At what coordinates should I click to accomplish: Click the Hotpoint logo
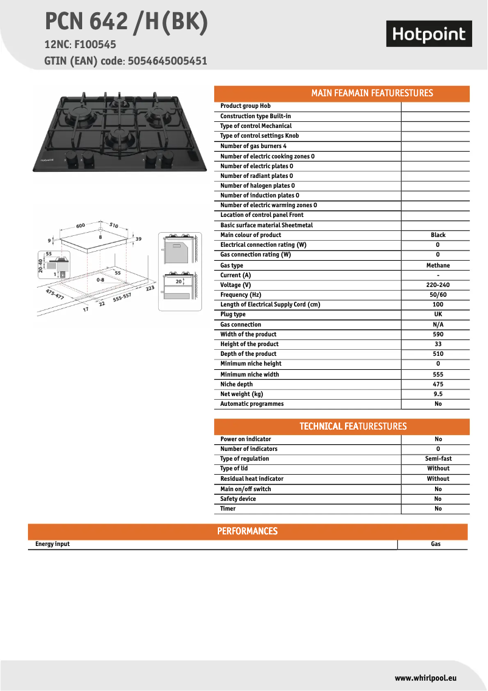tap(429, 35)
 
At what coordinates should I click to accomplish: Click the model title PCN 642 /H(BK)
tap(127, 23)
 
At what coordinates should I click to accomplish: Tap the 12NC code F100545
tap(95, 44)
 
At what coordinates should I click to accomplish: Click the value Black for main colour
tap(438, 235)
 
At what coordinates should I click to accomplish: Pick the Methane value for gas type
tap(438, 266)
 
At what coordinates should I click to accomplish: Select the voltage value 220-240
tap(438, 285)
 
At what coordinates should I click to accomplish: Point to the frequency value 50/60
tap(438, 295)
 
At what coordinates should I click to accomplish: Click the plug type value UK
tap(438, 314)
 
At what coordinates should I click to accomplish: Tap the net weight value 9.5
tap(438, 394)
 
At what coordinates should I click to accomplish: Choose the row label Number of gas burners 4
tap(253, 146)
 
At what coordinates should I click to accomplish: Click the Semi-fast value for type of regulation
tap(438, 459)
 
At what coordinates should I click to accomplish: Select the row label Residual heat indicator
tap(252, 479)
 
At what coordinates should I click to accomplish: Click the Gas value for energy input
tap(436, 544)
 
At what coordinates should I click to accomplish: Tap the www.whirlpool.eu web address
tap(425, 678)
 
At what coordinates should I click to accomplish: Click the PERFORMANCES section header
tap(247, 531)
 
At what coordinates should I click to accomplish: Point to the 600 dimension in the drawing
tap(80, 226)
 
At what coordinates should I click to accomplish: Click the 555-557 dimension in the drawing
tap(122, 297)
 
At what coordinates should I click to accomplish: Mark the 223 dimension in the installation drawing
tap(150, 288)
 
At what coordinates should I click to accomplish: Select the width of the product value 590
tap(438, 335)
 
